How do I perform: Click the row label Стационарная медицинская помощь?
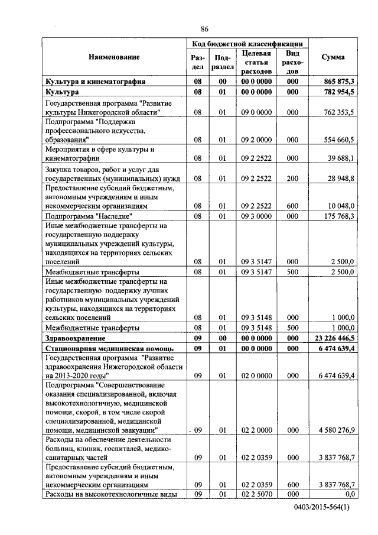(105, 349)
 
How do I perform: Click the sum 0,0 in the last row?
(348, 494)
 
